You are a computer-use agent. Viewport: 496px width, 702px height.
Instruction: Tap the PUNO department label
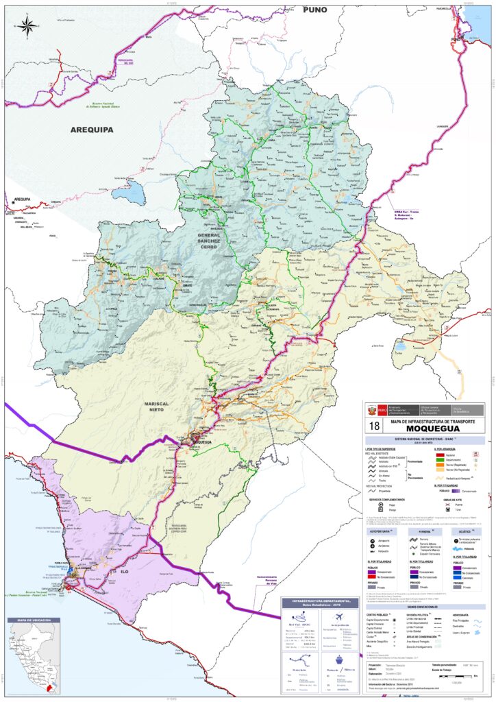pyautogui.click(x=314, y=10)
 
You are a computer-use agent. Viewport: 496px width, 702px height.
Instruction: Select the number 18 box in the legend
pyautogui.click(x=374, y=426)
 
